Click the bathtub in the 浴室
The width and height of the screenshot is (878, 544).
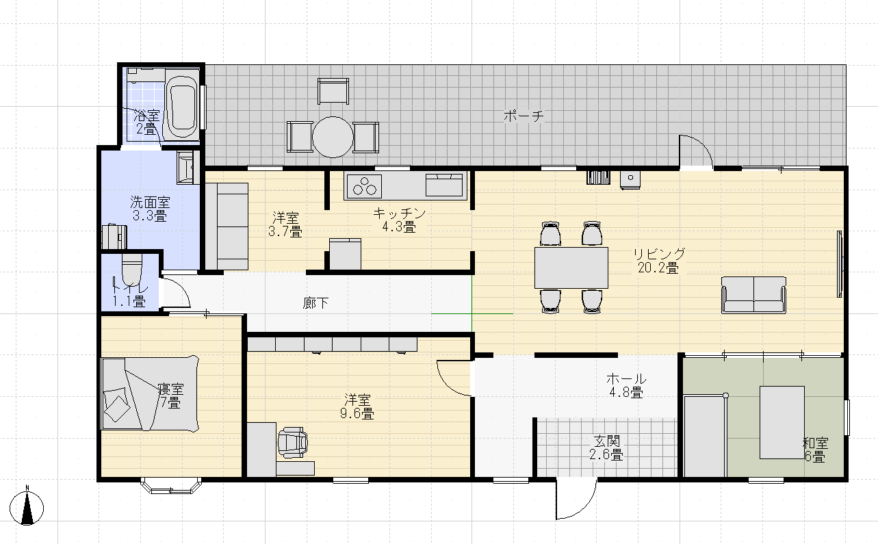pos(182,104)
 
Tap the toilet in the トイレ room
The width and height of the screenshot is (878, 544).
pos(131,270)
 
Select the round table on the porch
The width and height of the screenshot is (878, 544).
pos(333,137)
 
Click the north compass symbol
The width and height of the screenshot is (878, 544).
pos(27,507)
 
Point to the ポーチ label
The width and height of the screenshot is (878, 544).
pos(524,116)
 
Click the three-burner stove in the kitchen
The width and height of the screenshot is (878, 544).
pos(363,185)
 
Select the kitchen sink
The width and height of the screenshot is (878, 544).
pos(444,185)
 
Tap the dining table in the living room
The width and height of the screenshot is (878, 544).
pos(571,268)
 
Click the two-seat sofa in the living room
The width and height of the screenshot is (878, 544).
pos(753,295)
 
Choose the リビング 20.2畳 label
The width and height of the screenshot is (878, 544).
pos(659,261)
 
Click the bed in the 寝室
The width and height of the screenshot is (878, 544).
pos(150,393)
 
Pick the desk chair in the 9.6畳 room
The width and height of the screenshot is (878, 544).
pos(292,443)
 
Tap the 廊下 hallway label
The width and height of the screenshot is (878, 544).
pos(315,303)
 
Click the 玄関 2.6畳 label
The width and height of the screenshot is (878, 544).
pos(606,448)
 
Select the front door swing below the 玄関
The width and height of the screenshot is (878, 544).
pos(576,499)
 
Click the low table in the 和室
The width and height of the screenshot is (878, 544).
pos(782,422)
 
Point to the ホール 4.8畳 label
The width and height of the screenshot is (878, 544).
pos(626,386)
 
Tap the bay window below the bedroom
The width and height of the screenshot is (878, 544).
pos(171,486)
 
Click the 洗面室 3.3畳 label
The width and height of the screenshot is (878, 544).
pos(150,209)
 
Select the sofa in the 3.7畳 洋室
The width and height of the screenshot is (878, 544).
pos(227,226)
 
